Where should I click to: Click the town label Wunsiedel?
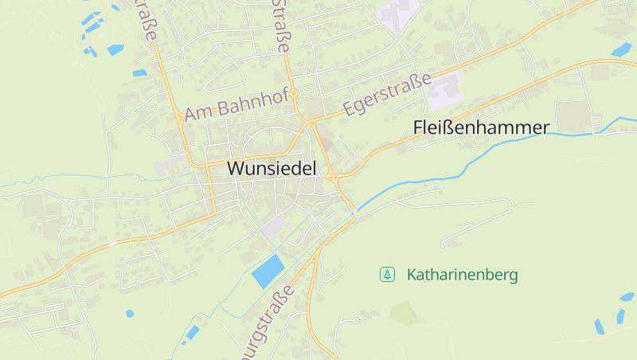tap(272, 168)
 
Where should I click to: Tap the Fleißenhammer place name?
tap(482, 127)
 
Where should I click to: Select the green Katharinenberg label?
tap(462, 275)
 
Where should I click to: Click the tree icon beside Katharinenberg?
tap(387, 275)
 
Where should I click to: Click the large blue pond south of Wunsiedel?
tap(268, 272)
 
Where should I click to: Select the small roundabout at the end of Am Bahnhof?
tap(294, 93)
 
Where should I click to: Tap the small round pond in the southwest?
tap(130, 313)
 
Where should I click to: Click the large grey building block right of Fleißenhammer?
tap(572, 115)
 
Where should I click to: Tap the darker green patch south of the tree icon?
tap(405, 313)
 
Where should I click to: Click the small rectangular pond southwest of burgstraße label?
tap(191, 333)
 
